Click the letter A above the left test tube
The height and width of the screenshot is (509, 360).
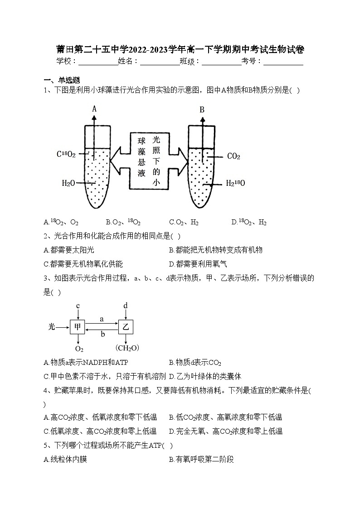(94, 109)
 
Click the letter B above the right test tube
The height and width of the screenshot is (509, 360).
(202, 110)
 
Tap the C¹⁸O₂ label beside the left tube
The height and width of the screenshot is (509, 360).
(66, 154)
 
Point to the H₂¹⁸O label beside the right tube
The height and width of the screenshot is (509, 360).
(235, 184)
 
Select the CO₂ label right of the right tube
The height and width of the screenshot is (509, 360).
(234, 156)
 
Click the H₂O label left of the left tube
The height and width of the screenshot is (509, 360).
(68, 183)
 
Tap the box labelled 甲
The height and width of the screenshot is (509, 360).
(78, 326)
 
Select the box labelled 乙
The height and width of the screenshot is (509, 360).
(126, 326)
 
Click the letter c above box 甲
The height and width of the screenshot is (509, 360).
(78, 306)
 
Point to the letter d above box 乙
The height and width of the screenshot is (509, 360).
(126, 306)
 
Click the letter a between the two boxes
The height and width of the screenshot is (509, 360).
(102, 319)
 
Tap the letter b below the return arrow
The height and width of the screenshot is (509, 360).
(102, 334)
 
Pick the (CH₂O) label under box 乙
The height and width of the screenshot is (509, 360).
(127, 348)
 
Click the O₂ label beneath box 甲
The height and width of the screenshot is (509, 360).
(79, 349)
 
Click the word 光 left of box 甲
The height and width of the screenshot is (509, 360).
(52, 326)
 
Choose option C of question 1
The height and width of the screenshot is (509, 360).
(184, 222)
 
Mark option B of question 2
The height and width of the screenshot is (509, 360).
(215, 250)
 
